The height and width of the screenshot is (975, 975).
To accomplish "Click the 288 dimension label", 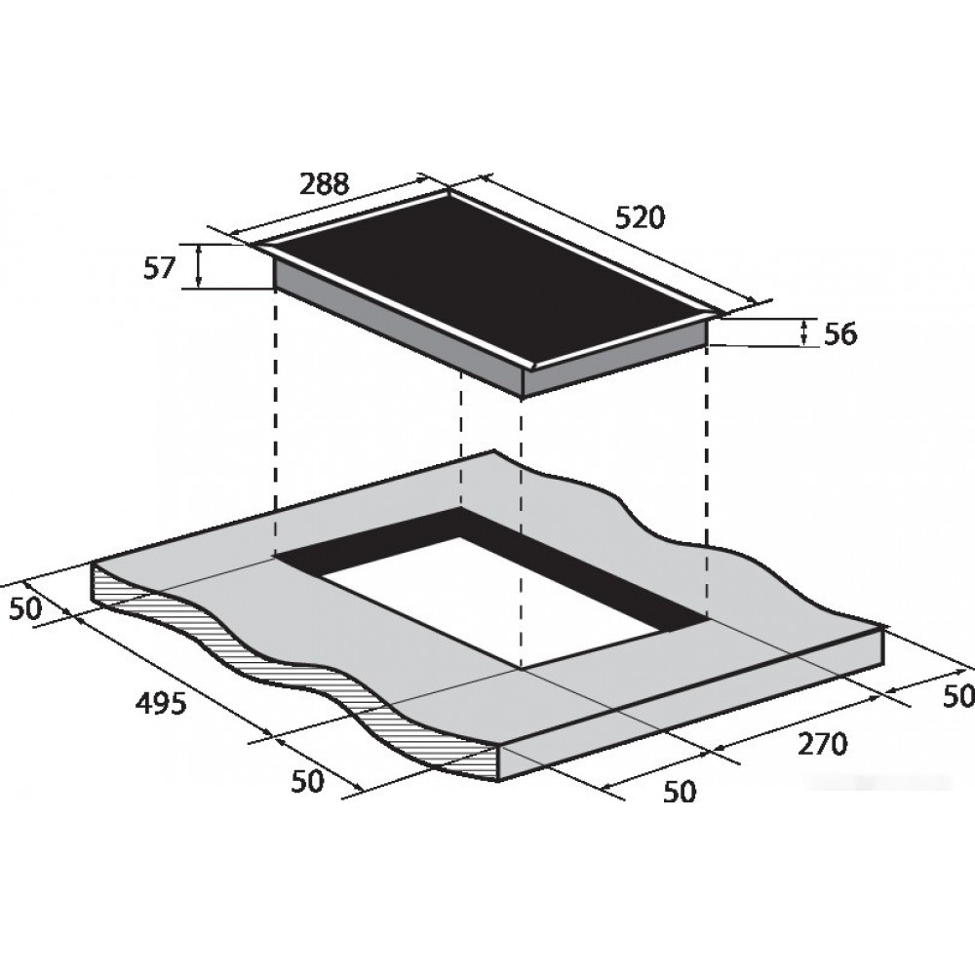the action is click(x=325, y=183).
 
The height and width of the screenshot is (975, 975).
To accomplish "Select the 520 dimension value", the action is click(x=640, y=217).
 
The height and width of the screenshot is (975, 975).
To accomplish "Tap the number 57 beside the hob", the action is click(x=159, y=269).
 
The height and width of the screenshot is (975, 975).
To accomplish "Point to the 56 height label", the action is click(x=840, y=334).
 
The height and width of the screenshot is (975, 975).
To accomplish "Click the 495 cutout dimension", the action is click(x=161, y=704).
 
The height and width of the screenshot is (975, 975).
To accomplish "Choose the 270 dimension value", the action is click(x=822, y=744).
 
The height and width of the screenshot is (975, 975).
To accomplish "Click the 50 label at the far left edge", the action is click(x=25, y=609).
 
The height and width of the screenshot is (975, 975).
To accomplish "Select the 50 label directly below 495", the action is click(x=308, y=782).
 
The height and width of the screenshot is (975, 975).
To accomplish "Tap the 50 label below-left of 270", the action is click(x=680, y=792).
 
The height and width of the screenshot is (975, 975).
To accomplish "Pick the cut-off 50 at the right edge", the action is click(x=958, y=696).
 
